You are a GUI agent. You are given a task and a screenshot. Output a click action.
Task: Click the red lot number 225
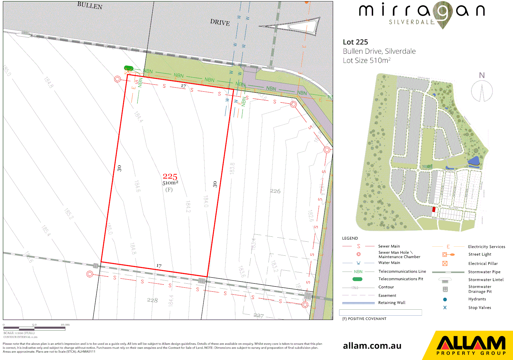point(170,176)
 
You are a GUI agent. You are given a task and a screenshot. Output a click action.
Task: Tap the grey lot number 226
point(275,191)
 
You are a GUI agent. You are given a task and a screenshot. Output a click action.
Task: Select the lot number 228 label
point(152,300)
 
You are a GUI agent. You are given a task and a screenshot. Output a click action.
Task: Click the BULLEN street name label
point(90,5)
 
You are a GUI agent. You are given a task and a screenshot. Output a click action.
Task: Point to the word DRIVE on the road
point(220,22)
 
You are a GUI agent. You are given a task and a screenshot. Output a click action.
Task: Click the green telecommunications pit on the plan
point(129,68)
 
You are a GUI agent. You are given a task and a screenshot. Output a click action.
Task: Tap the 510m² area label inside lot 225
point(170,183)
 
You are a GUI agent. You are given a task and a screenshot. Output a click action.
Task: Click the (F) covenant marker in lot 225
point(169,190)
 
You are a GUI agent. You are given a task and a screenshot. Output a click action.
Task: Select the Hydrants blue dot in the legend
point(445,299)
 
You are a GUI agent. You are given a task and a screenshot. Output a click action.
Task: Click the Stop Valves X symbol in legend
point(445,308)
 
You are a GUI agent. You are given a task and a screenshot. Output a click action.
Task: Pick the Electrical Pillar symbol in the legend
point(445,263)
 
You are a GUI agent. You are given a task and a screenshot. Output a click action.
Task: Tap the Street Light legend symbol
point(448,255)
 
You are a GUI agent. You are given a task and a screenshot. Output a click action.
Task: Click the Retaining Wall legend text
point(392,303)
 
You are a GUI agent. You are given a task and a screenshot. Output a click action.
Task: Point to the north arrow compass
point(482,91)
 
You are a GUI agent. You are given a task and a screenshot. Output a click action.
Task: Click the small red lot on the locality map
point(434,210)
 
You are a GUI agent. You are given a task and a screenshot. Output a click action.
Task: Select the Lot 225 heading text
point(355,42)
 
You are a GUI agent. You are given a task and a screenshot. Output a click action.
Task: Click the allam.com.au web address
point(372,346)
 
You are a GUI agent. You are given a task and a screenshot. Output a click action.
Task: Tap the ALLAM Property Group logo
point(471,345)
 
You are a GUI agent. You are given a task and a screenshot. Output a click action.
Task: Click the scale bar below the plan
point(34,328)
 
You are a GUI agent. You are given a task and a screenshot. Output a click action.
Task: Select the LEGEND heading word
point(350,238)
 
